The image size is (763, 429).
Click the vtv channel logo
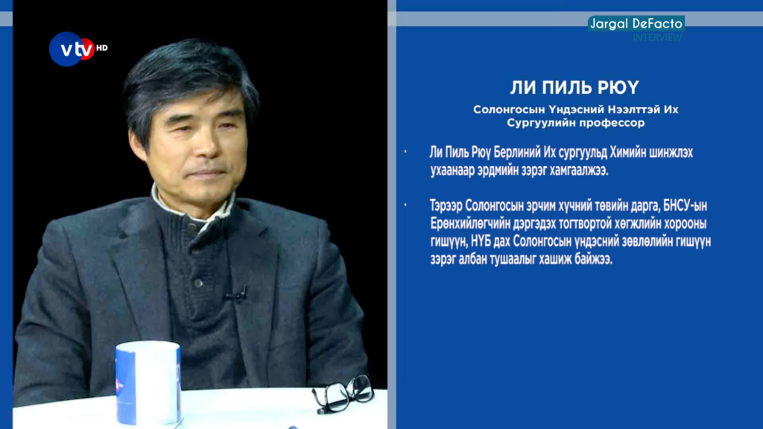coord(72,48)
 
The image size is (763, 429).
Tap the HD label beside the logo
coord(101,48)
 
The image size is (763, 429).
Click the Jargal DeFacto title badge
coord(636,23)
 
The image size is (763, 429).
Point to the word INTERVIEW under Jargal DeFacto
coord(657,37)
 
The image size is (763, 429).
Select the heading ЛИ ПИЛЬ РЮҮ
coord(574,88)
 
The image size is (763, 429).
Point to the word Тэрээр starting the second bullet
coord(446,206)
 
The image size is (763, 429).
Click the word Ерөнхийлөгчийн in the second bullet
coord(470,223)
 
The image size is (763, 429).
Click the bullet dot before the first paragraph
coord(405,152)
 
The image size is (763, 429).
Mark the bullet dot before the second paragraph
coord(405,206)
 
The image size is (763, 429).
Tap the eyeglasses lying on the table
coord(343,393)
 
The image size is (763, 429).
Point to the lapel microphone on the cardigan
coord(237,294)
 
